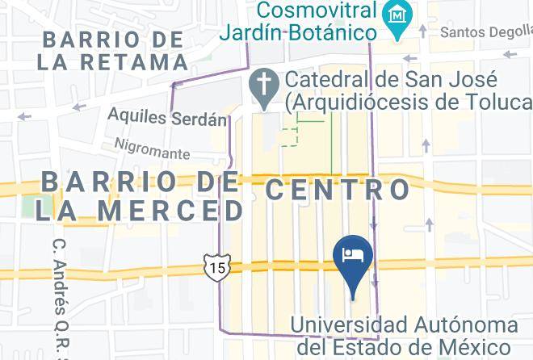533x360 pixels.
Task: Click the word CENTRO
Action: (338, 190)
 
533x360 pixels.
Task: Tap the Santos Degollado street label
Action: (485, 32)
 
